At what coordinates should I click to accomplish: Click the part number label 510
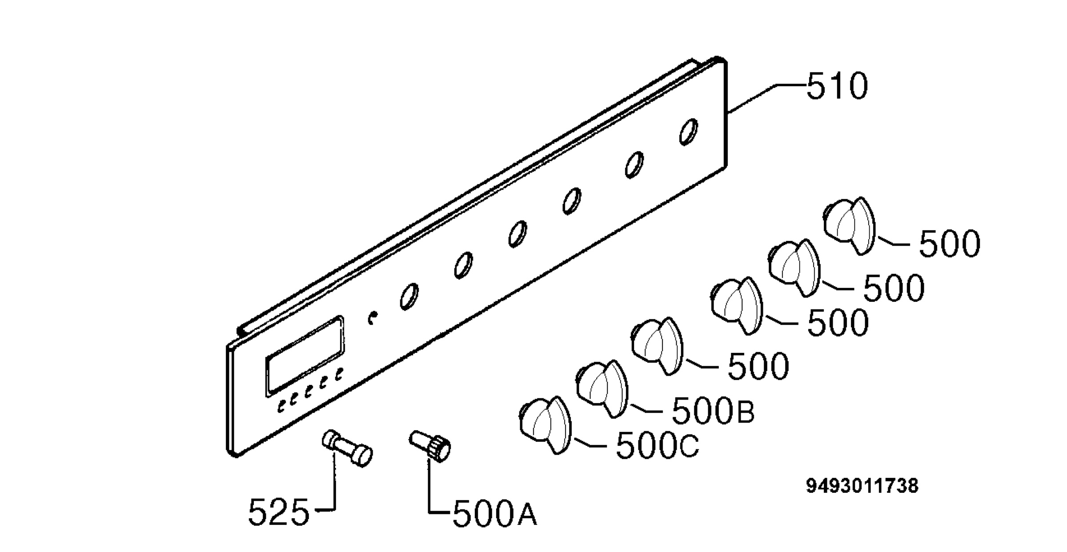[x=837, y=86]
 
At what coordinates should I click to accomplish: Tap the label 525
[x=278, y=512]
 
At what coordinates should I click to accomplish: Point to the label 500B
[x=713, y=411]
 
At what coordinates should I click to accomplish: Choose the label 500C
[x=657, y=446]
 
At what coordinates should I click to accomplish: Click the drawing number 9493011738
[x=862, y=486]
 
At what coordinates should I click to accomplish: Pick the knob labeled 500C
[x=545, y=425]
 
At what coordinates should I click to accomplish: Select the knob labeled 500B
[x=602, y=389]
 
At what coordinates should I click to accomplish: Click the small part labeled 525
[x=347, y=448]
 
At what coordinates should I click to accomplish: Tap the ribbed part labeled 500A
[x=430, y=446]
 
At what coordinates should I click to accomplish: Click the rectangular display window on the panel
[x=305, y=356]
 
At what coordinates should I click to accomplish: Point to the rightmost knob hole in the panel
[x=688, y=132]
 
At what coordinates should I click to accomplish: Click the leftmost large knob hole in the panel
[x=409, y=296]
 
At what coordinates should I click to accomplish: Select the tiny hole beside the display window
[x=373, y=318]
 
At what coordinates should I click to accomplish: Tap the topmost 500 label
[x=950, y=244]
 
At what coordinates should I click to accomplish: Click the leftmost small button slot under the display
[x=281, y=405]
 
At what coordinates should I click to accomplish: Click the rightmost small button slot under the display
[x=339, y=374]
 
